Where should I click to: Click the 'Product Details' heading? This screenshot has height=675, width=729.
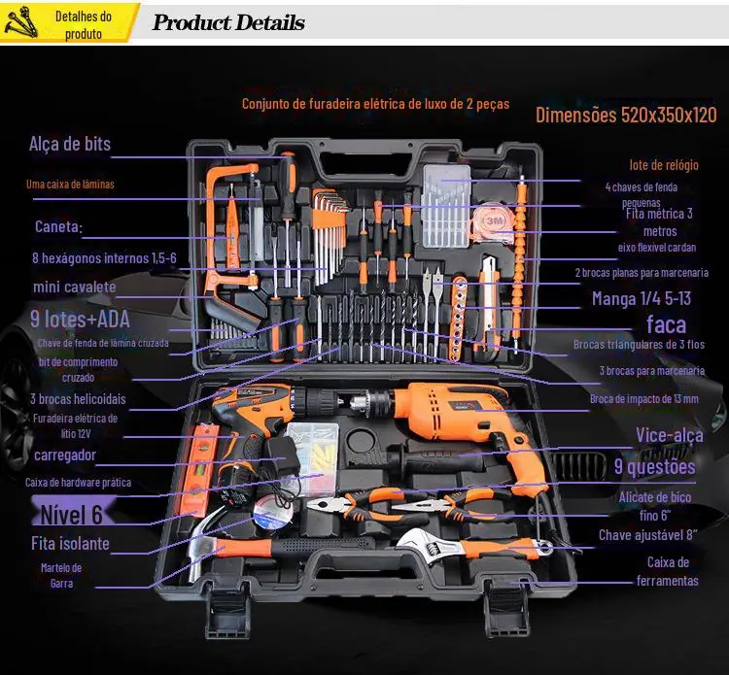(x=228, y=23)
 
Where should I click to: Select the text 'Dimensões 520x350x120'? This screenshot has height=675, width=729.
(x=626, y=116)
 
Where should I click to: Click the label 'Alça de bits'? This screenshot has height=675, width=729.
(x=70, y=145)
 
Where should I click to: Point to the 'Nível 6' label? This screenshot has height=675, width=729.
(x=71, y=514)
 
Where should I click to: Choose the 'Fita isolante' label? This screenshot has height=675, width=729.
(x=71, y=544)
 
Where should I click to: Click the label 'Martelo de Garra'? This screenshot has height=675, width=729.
(x=61, y=575)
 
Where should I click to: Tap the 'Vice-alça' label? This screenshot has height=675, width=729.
(x=669, y=435)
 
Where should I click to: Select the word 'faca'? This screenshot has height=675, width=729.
(x=666, y=324)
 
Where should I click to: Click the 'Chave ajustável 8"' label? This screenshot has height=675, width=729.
(x=648, y=534)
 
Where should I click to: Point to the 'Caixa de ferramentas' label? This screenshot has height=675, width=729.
(x=668, y=571)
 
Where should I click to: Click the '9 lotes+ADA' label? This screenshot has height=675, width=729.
(x=80, y=319)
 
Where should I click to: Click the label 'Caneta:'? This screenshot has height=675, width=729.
(x=58, y=227)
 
